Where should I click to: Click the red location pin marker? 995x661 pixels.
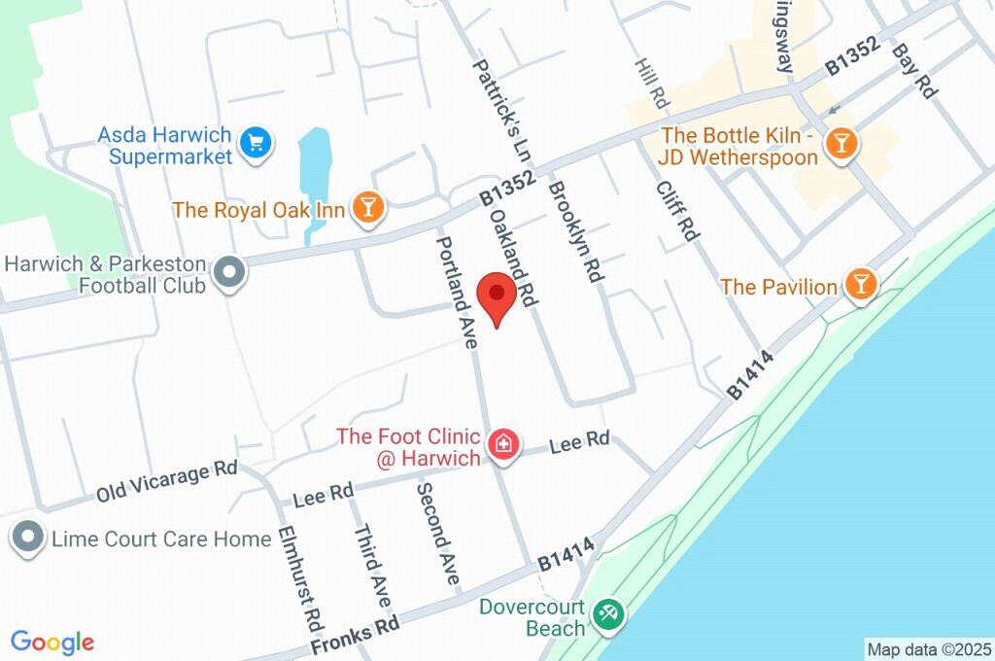coord(497,297)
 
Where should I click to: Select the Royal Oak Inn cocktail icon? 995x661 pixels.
coord(368,207)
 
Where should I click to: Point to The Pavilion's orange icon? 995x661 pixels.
coord(860,285)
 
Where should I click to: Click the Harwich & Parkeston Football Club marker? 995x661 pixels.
coord(229,273)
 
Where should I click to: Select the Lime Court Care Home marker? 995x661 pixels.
coord(28,538)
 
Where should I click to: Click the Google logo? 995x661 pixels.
coord(52,642)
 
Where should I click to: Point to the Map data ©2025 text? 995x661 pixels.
coord(928,648)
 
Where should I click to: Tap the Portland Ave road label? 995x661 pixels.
coord(457,292)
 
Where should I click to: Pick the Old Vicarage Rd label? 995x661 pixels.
coord(166,482)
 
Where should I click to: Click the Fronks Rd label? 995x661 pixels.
coord(356,637)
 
